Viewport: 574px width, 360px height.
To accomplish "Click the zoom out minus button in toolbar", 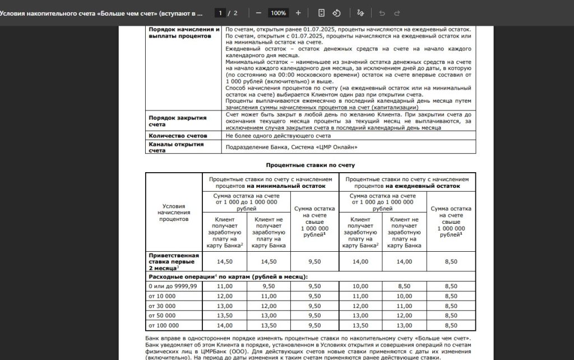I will tap(258, 12).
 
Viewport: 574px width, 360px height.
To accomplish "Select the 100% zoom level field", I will tap(278, 12).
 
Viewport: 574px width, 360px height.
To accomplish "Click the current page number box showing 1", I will tap(222, 12).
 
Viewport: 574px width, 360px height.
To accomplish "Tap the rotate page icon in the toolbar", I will tap(337, 12).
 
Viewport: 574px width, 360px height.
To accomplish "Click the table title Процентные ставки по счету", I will tap(310, 165).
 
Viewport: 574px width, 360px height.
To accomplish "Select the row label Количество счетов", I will tap(178, 136).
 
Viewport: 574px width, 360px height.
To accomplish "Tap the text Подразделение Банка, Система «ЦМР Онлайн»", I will tap(291, 147).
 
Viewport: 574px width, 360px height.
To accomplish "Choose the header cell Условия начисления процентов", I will tap(174, 213).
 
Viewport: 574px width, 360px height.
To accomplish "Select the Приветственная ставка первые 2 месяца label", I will tap(174, 262).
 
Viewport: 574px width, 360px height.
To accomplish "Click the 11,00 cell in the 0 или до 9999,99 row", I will tap(224, 286).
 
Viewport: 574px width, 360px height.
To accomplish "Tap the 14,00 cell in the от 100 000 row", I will tap(224, 325).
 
